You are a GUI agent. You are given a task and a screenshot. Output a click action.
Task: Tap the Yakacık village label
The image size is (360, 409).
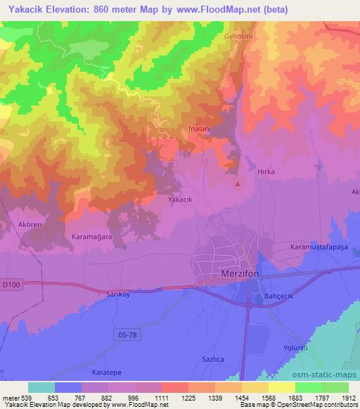coord(180,200)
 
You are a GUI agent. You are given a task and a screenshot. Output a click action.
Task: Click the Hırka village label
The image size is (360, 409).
coord(265,171)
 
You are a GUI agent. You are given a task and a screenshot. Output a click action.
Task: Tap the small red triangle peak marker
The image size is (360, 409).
coord(238,185)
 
